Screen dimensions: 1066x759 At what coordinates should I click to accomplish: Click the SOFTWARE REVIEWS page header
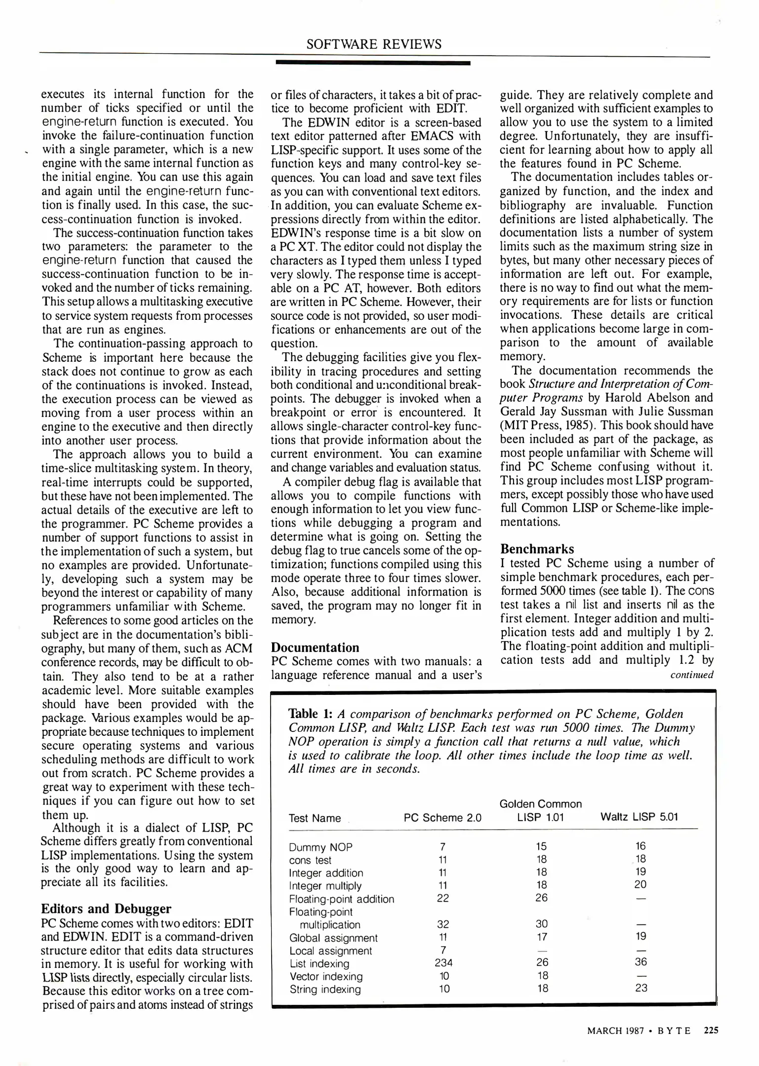click(x=374, y=44)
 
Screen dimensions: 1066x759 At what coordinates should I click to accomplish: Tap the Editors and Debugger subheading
click(x=106, y=909)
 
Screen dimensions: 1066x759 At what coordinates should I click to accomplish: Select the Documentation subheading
click(x=316, y=647)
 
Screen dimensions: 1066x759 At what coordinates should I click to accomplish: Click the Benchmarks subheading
click(x=537, y=549)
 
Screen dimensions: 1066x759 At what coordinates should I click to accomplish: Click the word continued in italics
click(x=691, y=675)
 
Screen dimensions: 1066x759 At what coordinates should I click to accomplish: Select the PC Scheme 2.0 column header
click(x=442, y=818)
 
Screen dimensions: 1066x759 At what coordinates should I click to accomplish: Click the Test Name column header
click(x=315, y=818)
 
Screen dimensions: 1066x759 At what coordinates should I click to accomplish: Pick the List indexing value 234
click(x=443, y=962)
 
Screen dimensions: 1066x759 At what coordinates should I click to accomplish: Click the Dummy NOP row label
click(x=320, y=847)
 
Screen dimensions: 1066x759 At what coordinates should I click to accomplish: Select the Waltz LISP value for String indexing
click(x=641, y=988)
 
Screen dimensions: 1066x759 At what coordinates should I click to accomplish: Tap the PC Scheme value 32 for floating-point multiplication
click(x=443, y=924)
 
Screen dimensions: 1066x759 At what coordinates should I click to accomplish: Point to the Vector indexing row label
click(x=326, y=976)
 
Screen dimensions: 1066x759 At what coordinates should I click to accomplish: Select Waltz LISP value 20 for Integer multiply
click(x=640, y=884)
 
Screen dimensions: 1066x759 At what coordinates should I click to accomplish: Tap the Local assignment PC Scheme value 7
click(x=443, y=950)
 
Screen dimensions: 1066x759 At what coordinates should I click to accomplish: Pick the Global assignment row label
click(x=333, y=938)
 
